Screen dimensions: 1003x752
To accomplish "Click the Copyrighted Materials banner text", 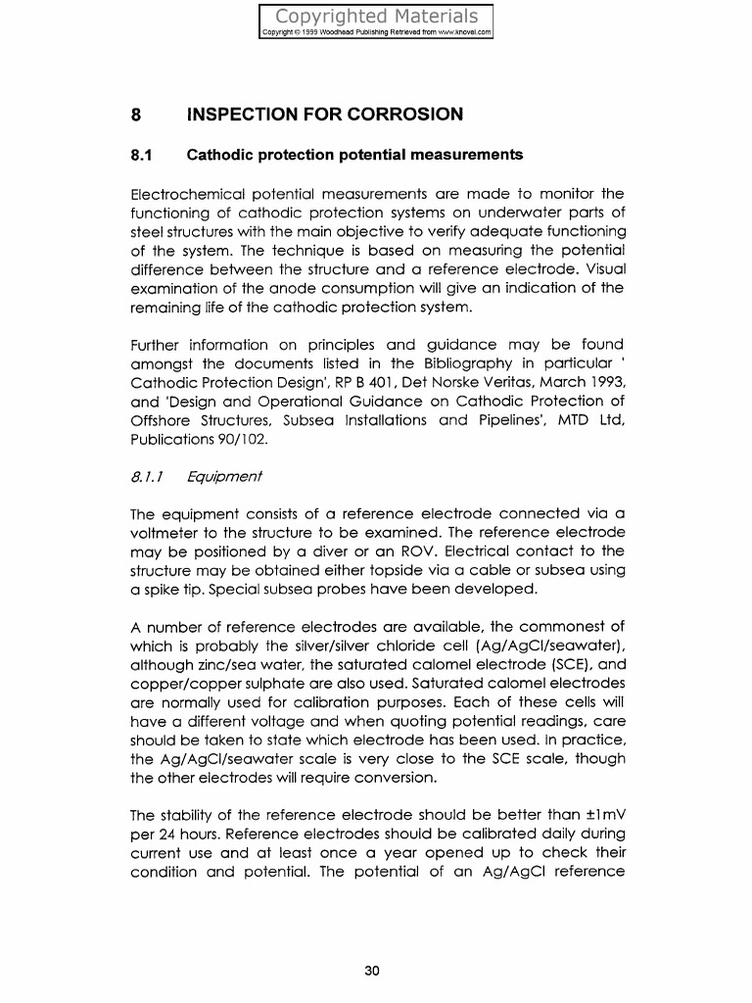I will pyautogui.click(x=377, y=16).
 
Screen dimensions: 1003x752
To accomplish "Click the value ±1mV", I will pyautogui.click(x=599, y=816).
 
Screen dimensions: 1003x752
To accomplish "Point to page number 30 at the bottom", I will pyautogui.click(x=372, y=970).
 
